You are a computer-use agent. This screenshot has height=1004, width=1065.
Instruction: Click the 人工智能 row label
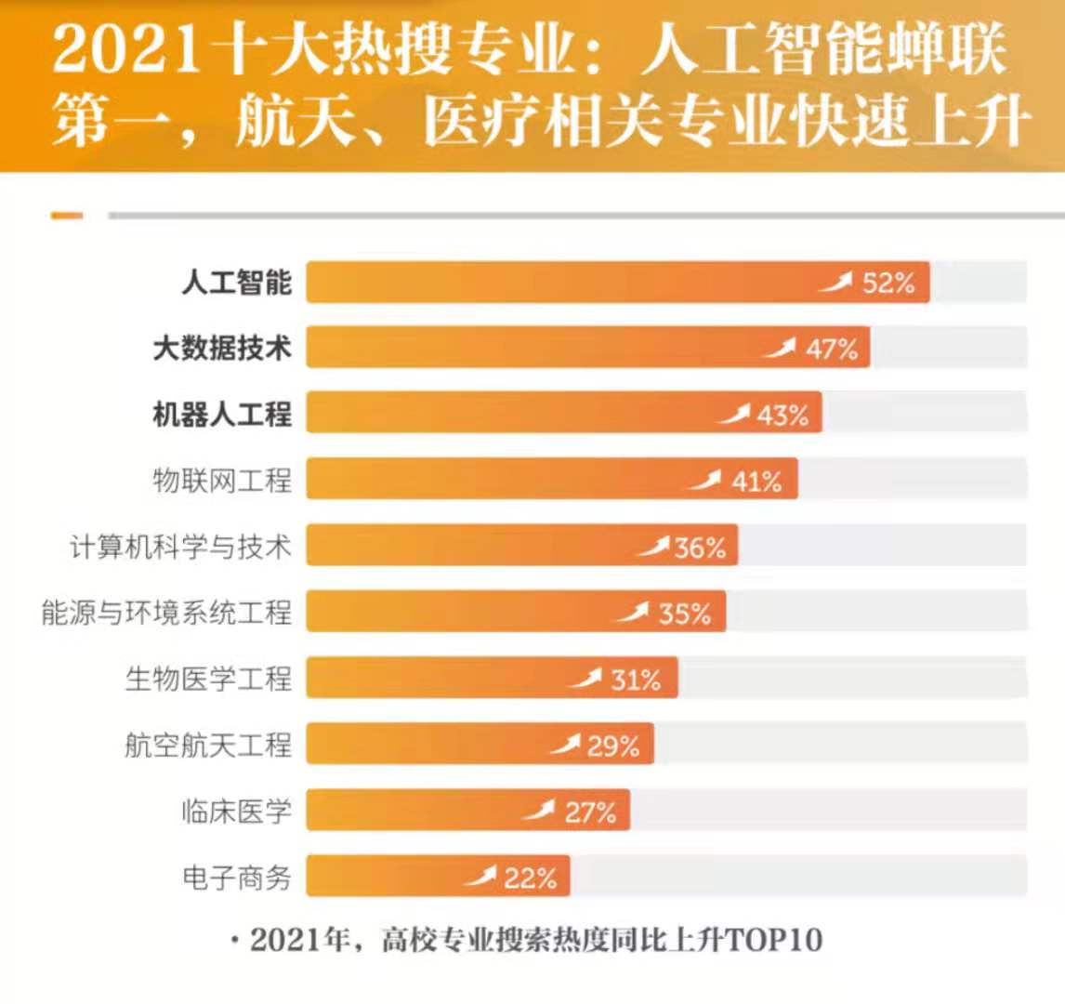click(x=236, y=282)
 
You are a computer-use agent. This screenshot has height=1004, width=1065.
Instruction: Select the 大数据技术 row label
click(x=222, y=348)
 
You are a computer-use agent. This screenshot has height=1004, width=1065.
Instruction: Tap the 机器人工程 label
click(x=222, y=414)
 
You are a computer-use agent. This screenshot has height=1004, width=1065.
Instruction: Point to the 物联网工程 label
click(x=222, y=480)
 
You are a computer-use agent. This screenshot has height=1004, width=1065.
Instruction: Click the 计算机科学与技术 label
click(x=180, y=546)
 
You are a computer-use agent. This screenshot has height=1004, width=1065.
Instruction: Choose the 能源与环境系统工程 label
click(x=166, y=613)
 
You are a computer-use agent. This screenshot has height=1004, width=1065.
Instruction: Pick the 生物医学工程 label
click(x=208, y=679)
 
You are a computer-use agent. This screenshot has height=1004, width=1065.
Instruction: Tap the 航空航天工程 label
click(x=208, y=745)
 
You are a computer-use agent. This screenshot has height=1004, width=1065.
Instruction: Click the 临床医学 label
click(x=236, y=811)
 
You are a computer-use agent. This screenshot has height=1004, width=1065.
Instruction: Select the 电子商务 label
click(x=236, y=877)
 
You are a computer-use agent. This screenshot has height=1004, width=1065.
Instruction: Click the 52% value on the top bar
click(x=888, y=283)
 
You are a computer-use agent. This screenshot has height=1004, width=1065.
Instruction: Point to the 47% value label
click(x=832, y=349)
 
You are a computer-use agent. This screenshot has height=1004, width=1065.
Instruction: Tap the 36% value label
click(x=700, y=548)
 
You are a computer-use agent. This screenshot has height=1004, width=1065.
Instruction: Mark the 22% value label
click(x=530, y=878)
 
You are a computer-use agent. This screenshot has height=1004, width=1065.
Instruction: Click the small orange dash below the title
click(x=67, y=216)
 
